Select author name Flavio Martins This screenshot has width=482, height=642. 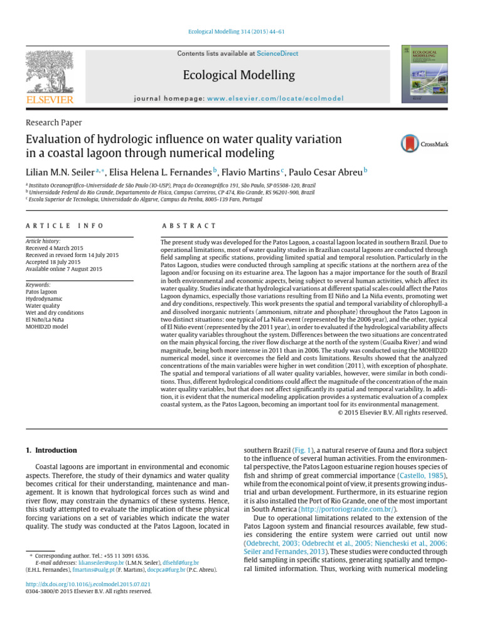point(252,171)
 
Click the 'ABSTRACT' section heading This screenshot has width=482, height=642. point(188,226)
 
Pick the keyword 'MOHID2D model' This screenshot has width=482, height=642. point(48,326)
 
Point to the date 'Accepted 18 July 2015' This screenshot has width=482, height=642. point(55,262)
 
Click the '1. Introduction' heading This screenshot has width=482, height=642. point(51,450)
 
